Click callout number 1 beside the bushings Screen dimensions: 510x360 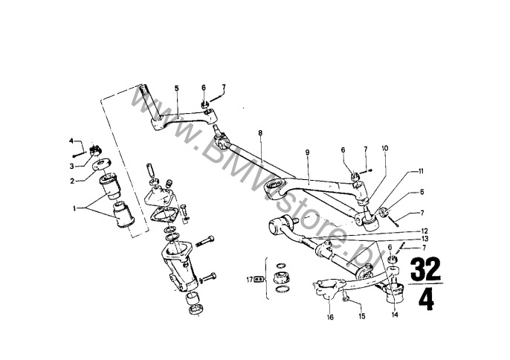74,209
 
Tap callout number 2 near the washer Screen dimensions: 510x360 72,181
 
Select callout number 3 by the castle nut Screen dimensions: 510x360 71,167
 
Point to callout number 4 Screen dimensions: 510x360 71,141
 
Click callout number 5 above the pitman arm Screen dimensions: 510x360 177,89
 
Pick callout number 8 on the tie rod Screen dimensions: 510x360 260,133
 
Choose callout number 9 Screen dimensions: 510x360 307,152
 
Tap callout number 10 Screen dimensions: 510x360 385,149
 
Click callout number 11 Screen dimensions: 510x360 421,171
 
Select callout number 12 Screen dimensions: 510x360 424,231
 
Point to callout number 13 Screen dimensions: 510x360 424,239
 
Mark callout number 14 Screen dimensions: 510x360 395,315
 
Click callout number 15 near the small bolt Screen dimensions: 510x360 361,316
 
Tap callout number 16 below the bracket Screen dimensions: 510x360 330,318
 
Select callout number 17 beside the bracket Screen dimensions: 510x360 250,279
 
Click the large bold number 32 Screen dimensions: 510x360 425,269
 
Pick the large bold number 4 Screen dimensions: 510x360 426,299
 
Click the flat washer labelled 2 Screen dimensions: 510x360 102,164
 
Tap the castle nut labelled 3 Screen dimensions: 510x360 95,150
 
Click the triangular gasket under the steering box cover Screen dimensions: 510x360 164,215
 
